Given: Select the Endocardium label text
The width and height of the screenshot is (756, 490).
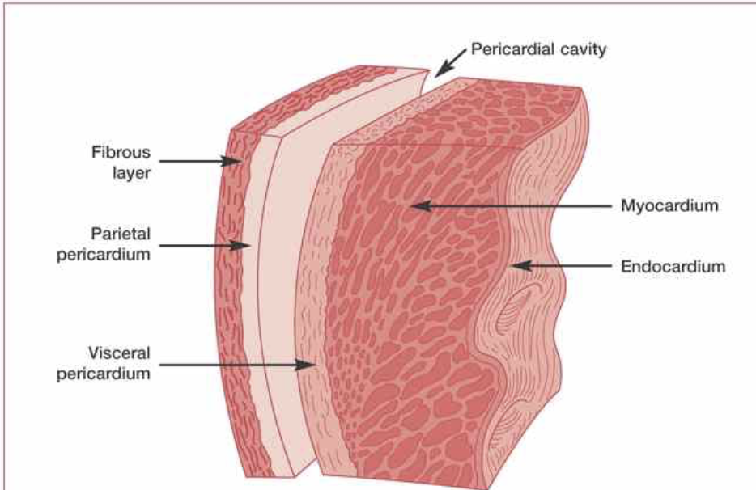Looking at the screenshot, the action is [x=673, y=265].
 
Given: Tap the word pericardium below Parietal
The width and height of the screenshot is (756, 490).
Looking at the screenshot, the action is [x=108, y=253].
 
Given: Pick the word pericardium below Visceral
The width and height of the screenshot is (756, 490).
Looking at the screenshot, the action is [x=108, y=375].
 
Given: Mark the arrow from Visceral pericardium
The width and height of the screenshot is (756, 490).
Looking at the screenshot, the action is [x=235, y=365].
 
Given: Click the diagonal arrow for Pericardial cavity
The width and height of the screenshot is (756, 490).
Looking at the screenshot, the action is [x=452, y=61].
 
